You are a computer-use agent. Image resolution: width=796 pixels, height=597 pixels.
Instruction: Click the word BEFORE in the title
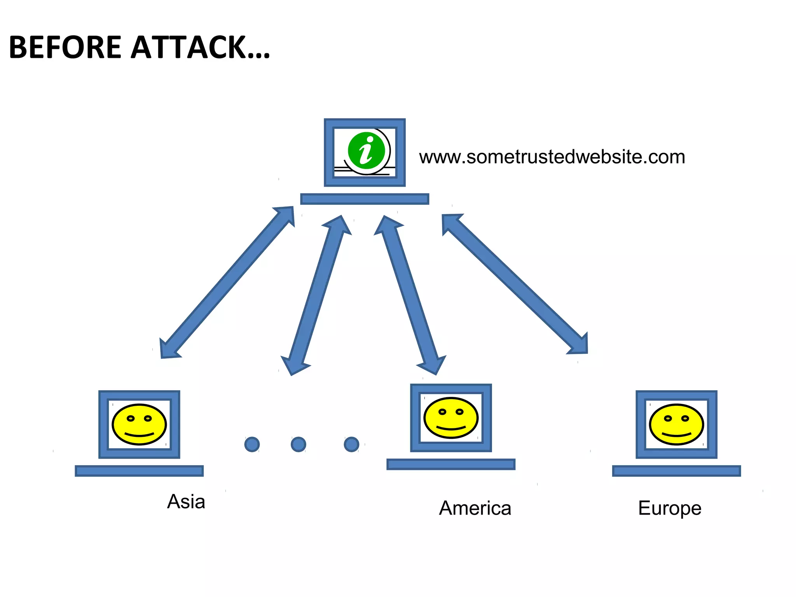point(65,47)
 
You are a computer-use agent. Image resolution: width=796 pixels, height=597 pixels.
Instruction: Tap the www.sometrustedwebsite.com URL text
point(552,157)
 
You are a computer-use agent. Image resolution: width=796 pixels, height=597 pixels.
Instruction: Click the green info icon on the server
point(366,151)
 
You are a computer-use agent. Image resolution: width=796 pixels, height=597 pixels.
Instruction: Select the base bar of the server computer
point(365,199)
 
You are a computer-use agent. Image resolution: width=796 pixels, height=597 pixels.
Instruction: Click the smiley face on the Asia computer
point(139,424)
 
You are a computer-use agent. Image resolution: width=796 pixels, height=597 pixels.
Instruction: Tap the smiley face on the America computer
point(451,418)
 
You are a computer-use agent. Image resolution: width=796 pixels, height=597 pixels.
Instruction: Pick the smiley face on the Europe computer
point(676,424)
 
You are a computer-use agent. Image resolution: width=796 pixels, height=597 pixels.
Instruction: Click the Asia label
point(186,501)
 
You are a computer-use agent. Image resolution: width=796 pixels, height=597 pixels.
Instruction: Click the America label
point(475,508)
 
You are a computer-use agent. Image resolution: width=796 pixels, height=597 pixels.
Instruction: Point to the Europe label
point(669,508)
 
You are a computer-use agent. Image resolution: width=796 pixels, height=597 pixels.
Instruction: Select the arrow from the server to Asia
point(227,282)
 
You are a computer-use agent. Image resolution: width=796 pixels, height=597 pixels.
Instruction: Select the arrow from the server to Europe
point(515,284)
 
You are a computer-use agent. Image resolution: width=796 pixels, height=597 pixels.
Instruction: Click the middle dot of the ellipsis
point(298,444)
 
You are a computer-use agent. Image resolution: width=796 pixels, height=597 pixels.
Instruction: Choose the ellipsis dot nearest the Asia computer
point(252,444)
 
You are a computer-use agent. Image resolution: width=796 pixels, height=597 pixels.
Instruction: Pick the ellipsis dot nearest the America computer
point(351,444)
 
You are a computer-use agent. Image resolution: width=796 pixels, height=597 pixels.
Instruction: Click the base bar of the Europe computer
point(676,471)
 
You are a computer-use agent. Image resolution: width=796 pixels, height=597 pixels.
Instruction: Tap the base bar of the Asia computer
point(139,471)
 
